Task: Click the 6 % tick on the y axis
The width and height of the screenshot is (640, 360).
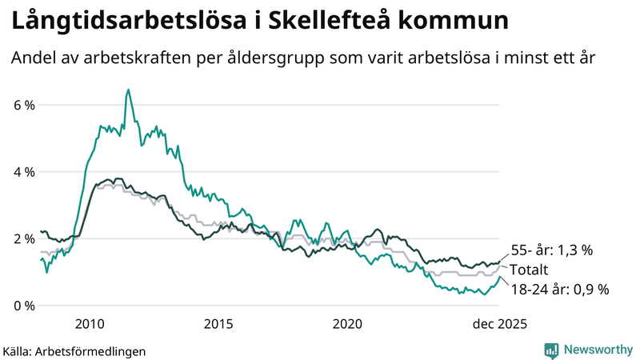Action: point(23,105)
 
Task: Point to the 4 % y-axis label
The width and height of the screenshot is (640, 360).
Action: point(23,172)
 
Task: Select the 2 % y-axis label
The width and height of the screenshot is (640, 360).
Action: point(23,238)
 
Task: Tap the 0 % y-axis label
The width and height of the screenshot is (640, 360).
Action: point(23,306)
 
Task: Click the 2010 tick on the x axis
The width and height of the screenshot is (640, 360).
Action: point(89,324)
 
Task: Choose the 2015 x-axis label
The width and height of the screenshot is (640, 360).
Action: point(218,324)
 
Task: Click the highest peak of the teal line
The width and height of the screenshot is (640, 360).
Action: point(128,90)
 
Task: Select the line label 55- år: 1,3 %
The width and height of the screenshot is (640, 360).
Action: point(551,250)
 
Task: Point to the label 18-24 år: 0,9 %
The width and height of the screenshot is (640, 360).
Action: point(559,290)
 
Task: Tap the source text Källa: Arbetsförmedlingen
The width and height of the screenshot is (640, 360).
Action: point(74,350)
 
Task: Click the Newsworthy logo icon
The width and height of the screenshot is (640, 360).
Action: point(551,350)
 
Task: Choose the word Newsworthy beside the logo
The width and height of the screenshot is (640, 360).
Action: point(597,350)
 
